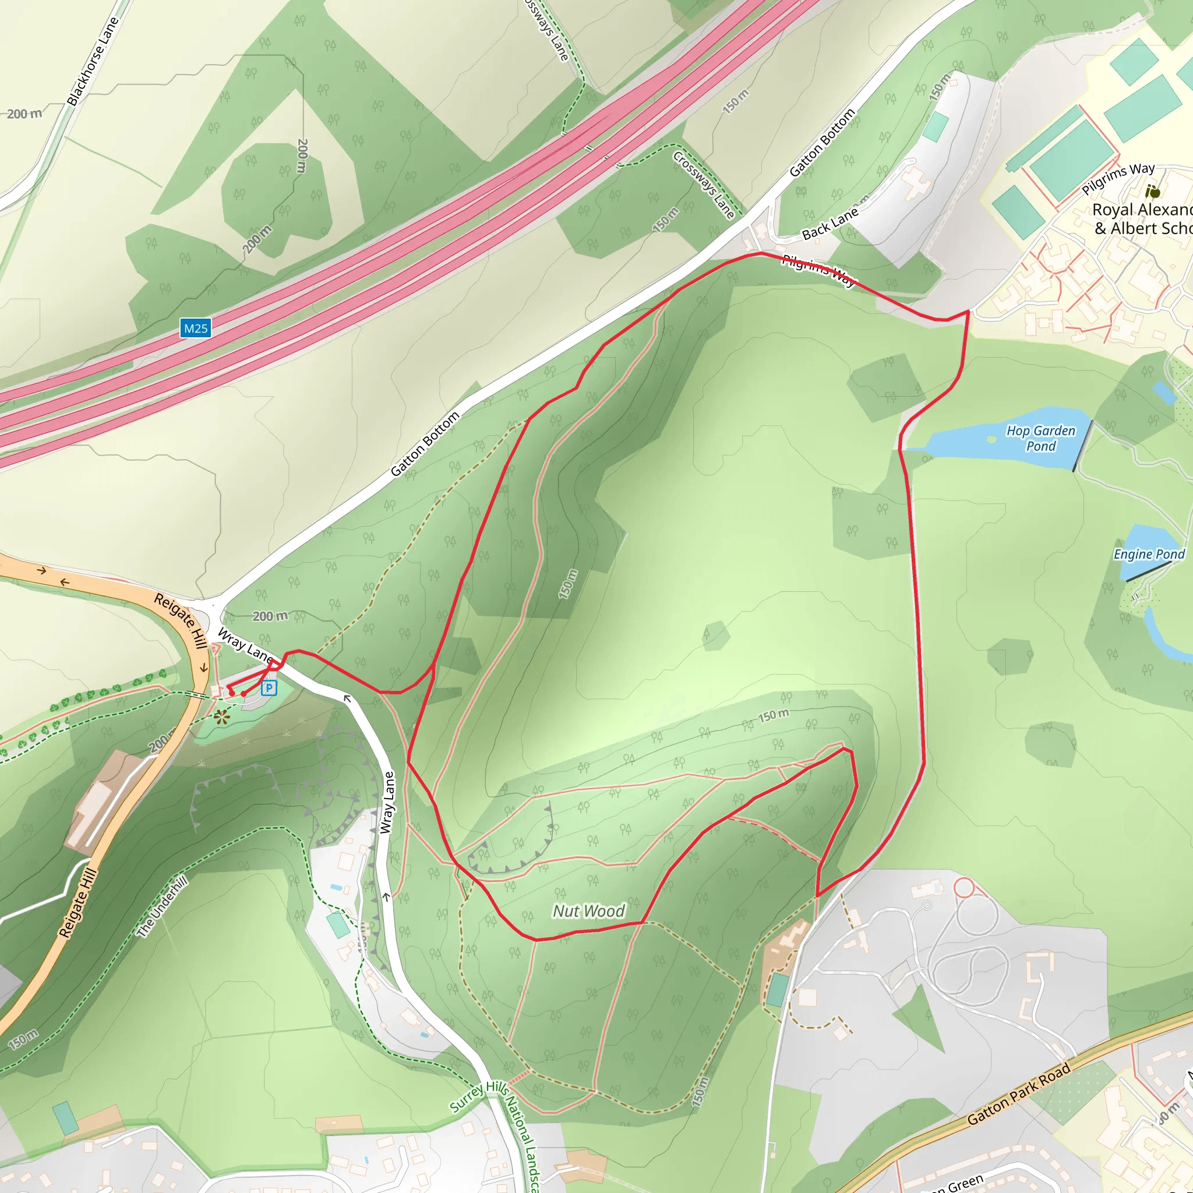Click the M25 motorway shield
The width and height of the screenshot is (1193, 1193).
tap(196, 328)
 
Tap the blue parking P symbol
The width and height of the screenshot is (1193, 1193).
tap(269, 687)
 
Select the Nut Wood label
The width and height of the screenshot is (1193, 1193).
tap(588, 911)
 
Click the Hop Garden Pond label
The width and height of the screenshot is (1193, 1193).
tap(1040, 439)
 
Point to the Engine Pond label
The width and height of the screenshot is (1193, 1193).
tap(1149, 554)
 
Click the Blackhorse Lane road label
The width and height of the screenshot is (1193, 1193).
tap(93, 62)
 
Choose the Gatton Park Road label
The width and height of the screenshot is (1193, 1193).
tap(1018, 1094)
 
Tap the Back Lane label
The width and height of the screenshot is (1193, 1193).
tap(830, 224)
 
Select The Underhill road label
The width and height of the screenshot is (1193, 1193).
tap(162, 906)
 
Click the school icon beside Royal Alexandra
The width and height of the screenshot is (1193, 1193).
tap(1152, 191)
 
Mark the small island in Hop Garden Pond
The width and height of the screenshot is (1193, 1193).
tap(991, 440)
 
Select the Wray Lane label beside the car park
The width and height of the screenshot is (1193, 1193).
tap(245, 645)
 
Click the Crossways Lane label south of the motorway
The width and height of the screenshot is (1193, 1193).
tap(703, 185)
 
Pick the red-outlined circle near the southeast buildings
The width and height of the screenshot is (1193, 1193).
tap(964, 888)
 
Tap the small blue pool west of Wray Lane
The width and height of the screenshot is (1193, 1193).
tap(337, 887)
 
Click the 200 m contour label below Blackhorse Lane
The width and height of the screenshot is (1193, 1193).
tap(24, 114)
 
